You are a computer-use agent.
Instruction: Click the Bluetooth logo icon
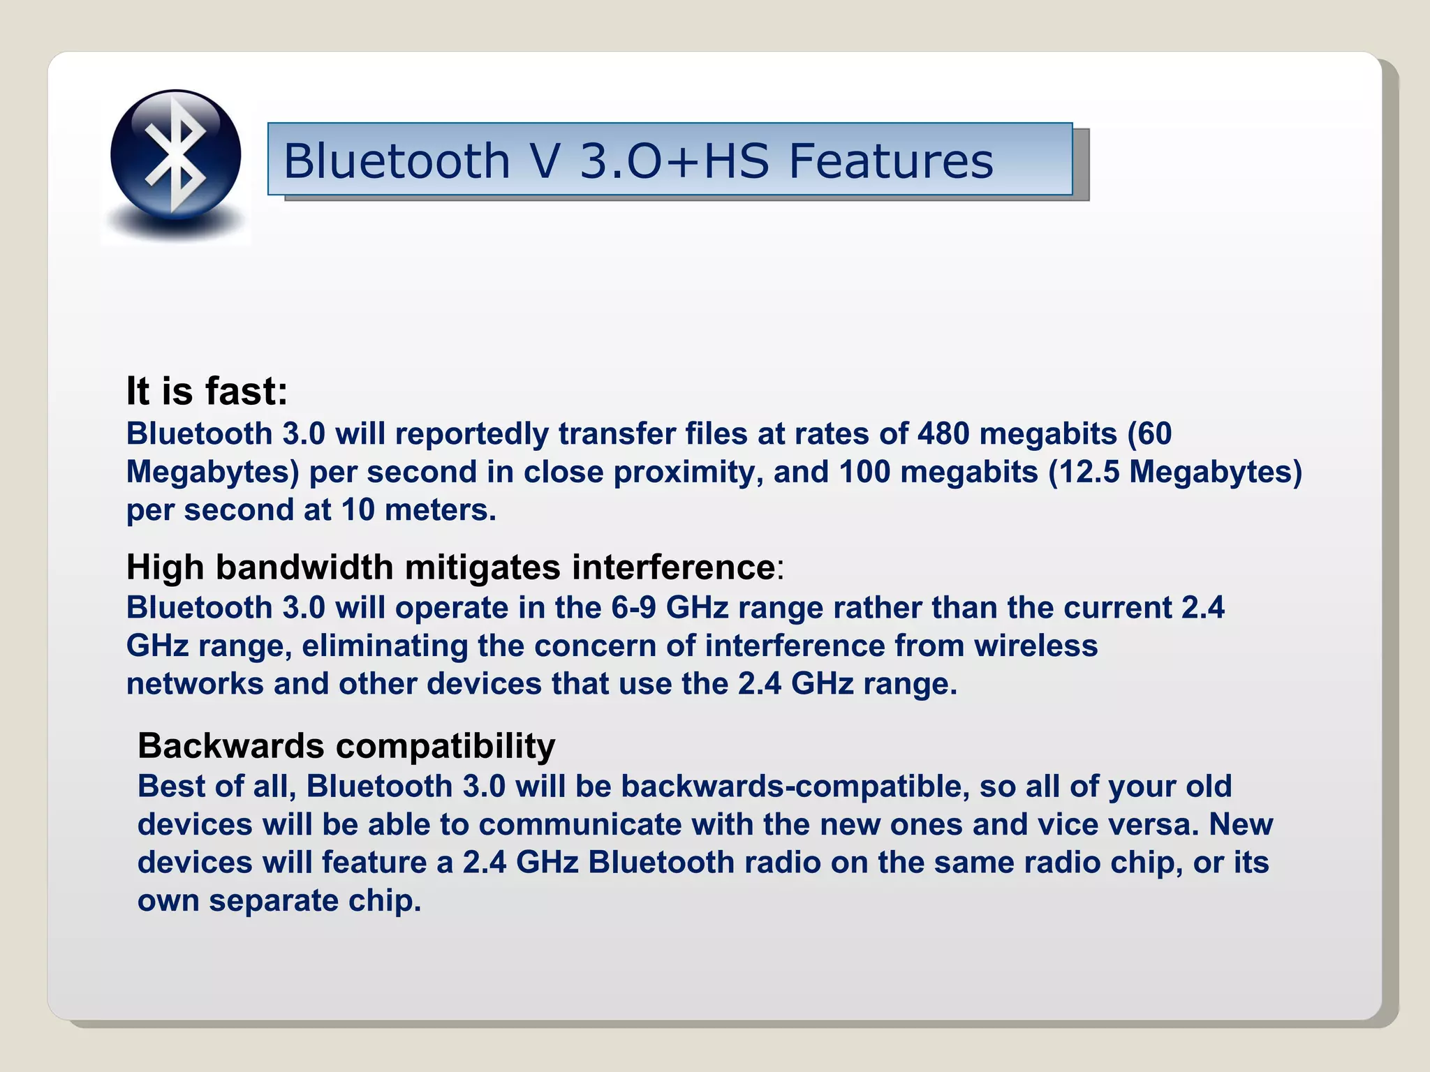pos(175,155)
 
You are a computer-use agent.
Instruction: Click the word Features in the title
pos(890,161)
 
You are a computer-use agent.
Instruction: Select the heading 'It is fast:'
pos(207,391)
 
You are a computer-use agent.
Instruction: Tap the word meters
pos(440,510)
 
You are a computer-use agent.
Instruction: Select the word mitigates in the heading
pos(482,567)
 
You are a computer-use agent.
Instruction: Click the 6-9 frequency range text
pos(633,608)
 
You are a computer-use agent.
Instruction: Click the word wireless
pos(1036,646)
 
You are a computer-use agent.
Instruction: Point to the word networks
pos(195,684)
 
